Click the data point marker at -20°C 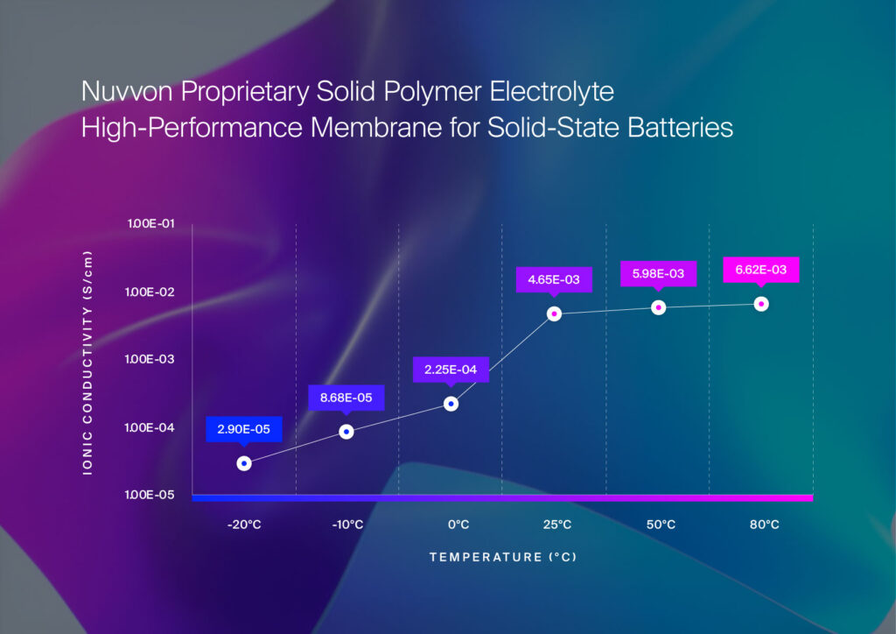(x=244, y=463)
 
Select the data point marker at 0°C (x=451, y=404)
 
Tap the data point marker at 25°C (x=554, y=313)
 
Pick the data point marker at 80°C (x=761, y=304)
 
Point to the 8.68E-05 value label (x=346, y=398)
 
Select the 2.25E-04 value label (x=450, y=370)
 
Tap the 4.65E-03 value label (x=554, y=279)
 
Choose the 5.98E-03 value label (x=658, y=274)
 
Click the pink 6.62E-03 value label (x=761, y=270)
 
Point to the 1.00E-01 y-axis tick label (x=151, y=224)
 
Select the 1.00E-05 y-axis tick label (x=151, y=496)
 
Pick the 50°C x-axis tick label (x=661, y=525)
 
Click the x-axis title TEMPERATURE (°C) (x=502, y=557)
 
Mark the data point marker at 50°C (x=658, y=307)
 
